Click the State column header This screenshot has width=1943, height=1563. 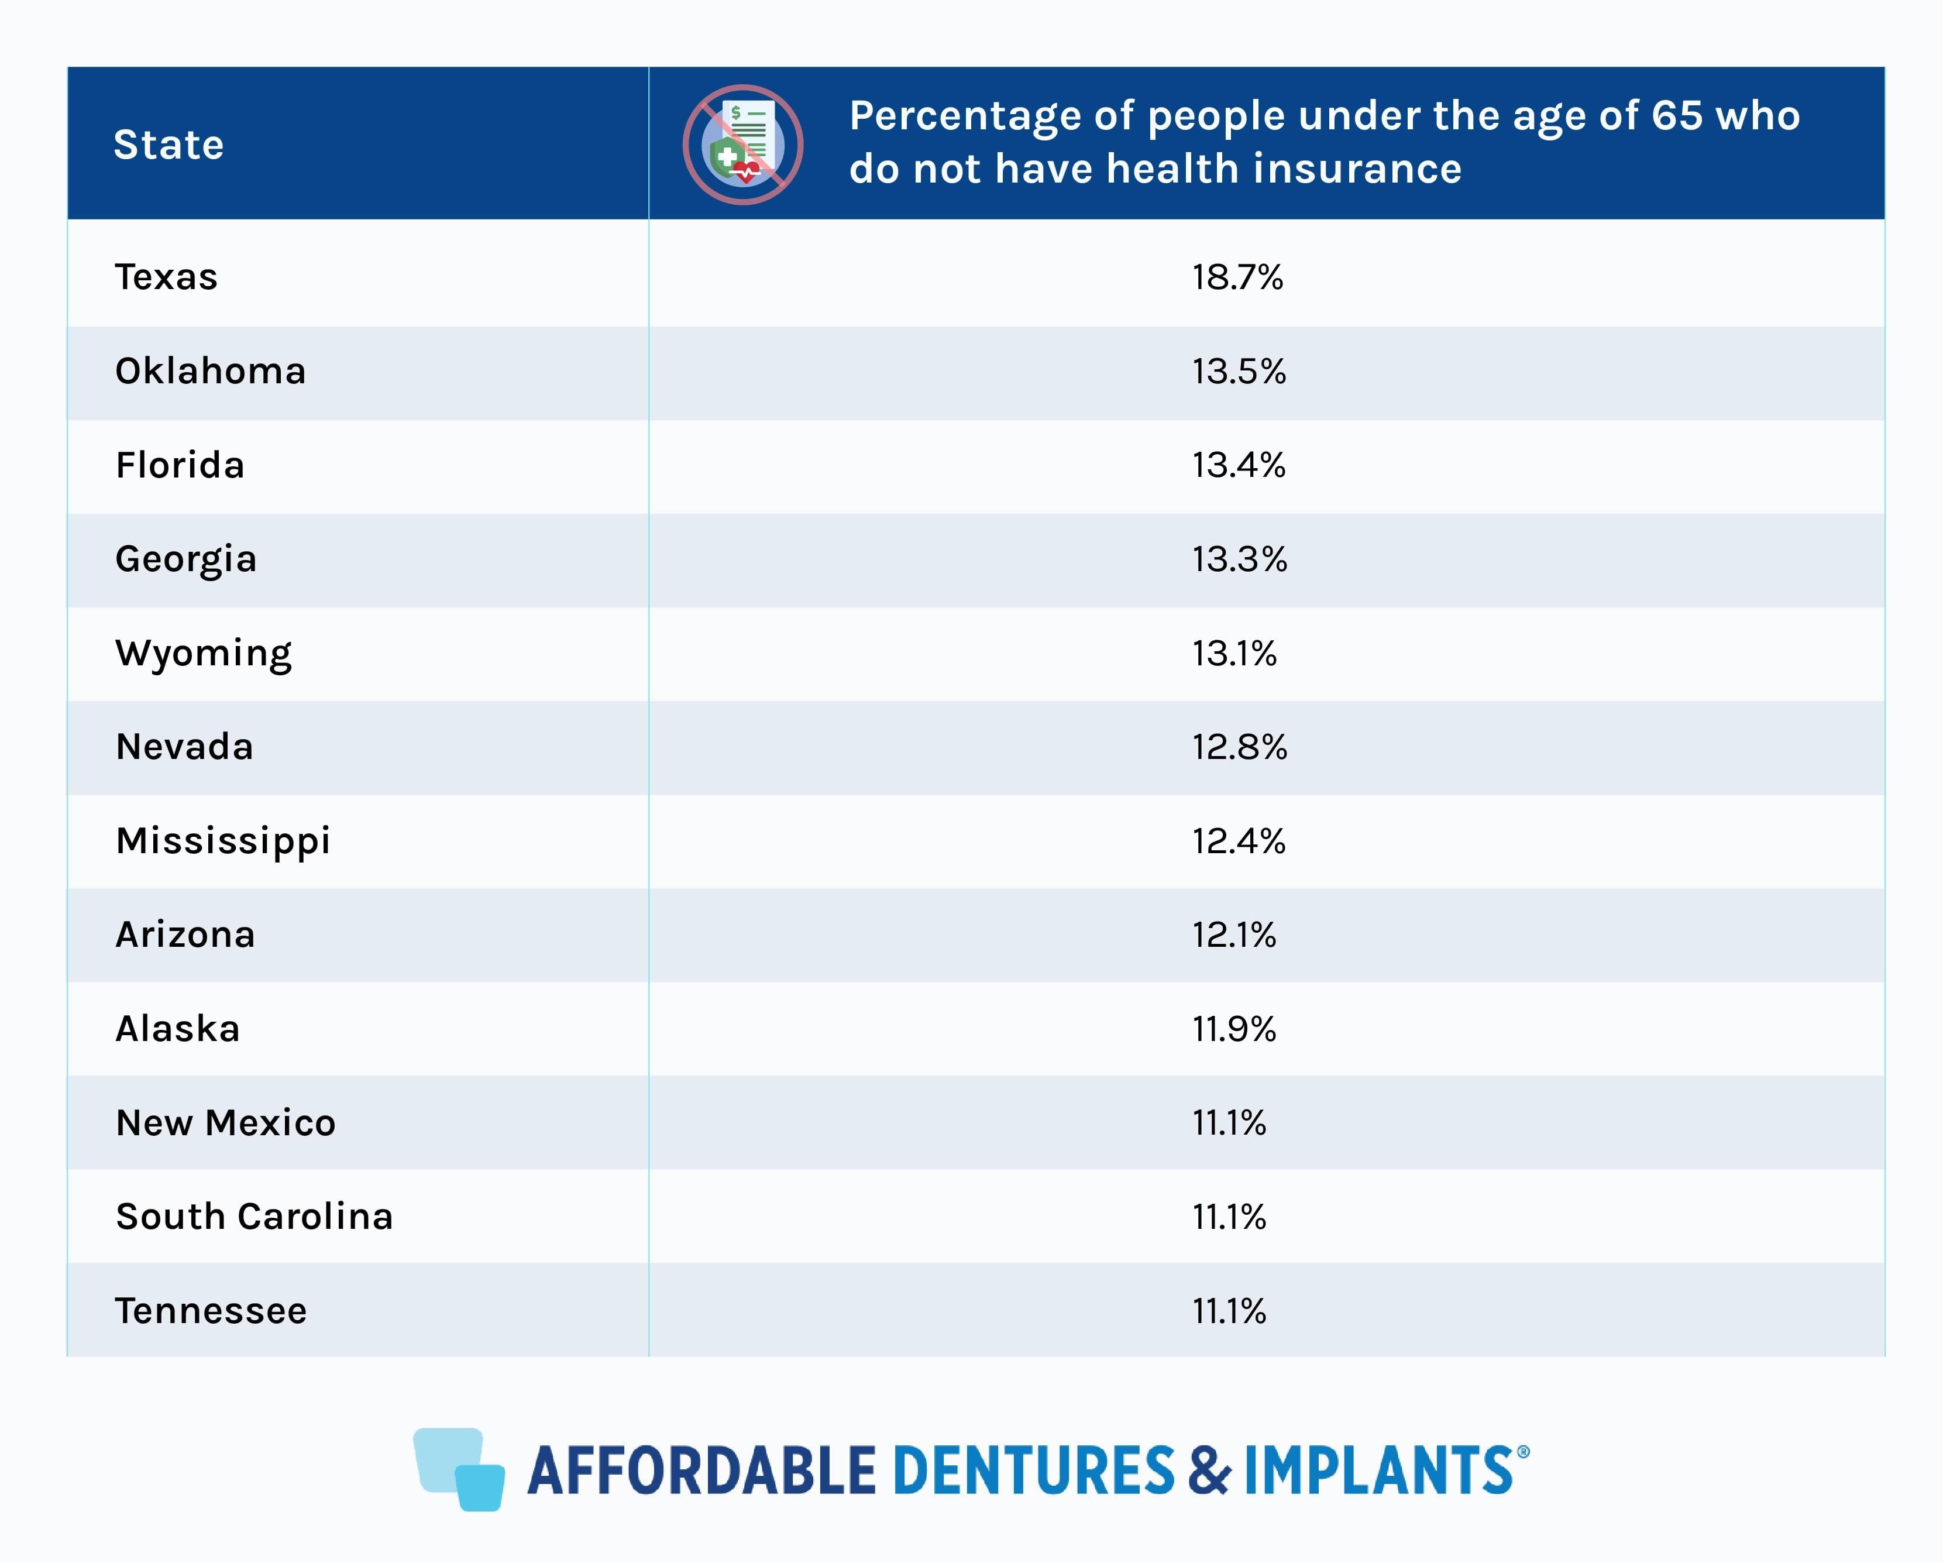[x=168, y=144]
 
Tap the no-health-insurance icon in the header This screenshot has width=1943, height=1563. [x=742, y=144]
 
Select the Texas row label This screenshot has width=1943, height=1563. [x=166, y=277]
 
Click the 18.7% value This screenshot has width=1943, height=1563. [x=1237, y=277]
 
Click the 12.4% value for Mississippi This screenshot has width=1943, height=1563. [x=1238, y=841]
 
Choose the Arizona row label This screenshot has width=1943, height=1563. [x=185, y=935]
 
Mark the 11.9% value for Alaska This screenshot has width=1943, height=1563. [x=1234, y=1029]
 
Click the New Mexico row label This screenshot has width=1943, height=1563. [x=225, y=1123]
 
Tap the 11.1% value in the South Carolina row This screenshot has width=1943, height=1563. [x=1229, y=1217]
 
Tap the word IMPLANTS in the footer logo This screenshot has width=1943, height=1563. [x=1379, y=1470]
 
